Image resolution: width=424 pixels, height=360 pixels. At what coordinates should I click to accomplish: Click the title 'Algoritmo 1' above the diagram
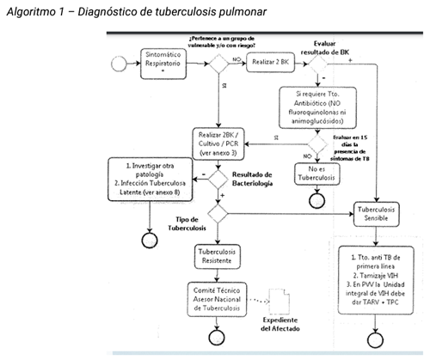34,9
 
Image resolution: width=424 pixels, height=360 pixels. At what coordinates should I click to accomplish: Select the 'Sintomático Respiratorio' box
161,63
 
